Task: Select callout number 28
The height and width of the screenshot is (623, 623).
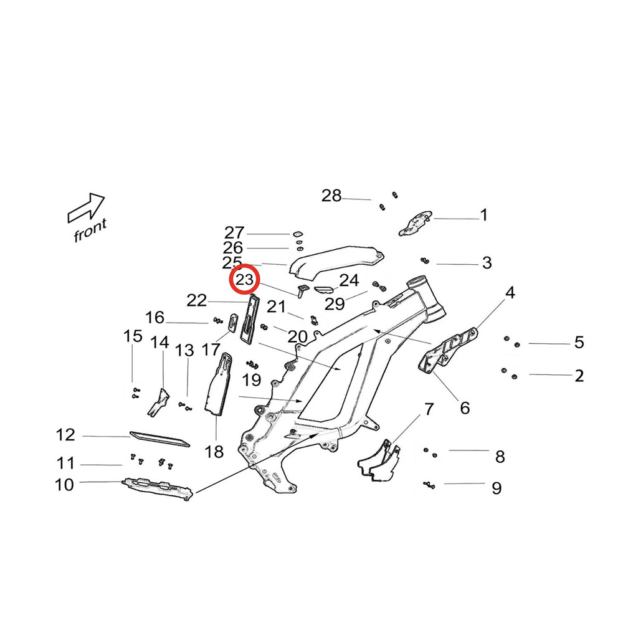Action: click(x=331, y=196)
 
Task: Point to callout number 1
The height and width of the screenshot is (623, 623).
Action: click(x=484, y=216)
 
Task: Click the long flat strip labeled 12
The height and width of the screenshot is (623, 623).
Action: click(x=159, y=439)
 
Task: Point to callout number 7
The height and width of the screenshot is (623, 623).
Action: click(x=428, y=409)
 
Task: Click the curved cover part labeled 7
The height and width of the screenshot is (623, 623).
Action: click(x=379, y=462)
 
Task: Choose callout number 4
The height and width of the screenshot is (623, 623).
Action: click(x=510, y=292)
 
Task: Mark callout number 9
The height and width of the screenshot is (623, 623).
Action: click(x=497, y=487)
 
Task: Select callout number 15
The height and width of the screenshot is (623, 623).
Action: click(x=133, y=337)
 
